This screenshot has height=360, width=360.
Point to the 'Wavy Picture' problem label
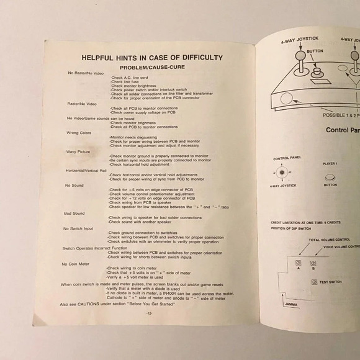point(78,151)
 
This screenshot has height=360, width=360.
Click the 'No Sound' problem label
point(74,185)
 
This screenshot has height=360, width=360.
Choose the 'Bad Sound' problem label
point(74,213)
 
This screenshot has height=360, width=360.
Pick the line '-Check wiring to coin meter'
point(131,268)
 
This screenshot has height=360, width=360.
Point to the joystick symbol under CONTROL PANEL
point(282,172)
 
